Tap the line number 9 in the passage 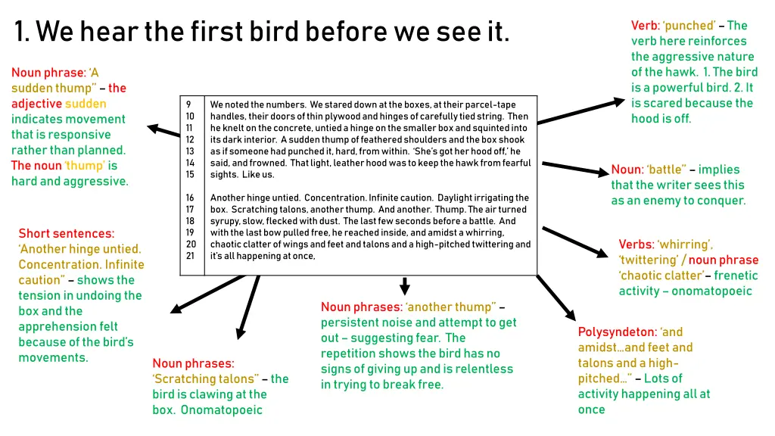[188, 104]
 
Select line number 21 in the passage [191, 256]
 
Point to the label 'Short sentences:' [67, 233]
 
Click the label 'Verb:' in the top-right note [645, 26]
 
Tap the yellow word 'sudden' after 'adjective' [86, 104]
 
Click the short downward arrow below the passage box [405, 286]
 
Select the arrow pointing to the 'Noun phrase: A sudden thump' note [163, 130]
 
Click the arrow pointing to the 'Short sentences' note [208, 292]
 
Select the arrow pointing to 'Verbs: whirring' [579, 243]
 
